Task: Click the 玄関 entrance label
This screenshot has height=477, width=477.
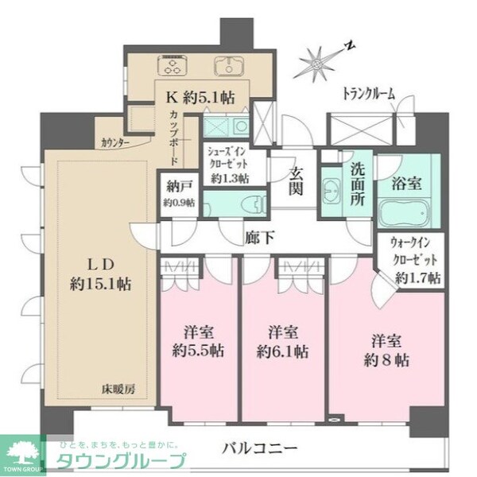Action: [297, 182]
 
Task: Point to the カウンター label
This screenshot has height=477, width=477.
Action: [116, 143]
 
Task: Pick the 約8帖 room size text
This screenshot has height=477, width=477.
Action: [384, 360]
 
